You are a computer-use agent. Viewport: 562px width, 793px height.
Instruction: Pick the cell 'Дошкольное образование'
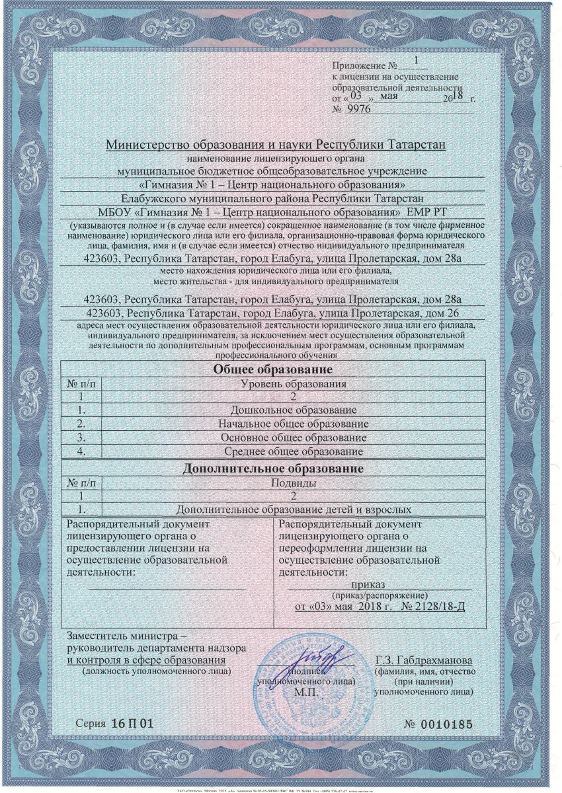(292, 410)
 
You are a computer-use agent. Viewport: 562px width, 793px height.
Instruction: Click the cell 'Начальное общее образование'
(292, 424)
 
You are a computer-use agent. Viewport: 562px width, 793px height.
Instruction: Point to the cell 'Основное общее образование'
(292, 437)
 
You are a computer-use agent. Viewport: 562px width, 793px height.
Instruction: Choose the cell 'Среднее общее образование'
(292, 451)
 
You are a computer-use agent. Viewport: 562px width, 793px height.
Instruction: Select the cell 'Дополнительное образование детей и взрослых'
(294, 510)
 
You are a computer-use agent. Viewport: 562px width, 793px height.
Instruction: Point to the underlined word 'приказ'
(369, 584)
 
